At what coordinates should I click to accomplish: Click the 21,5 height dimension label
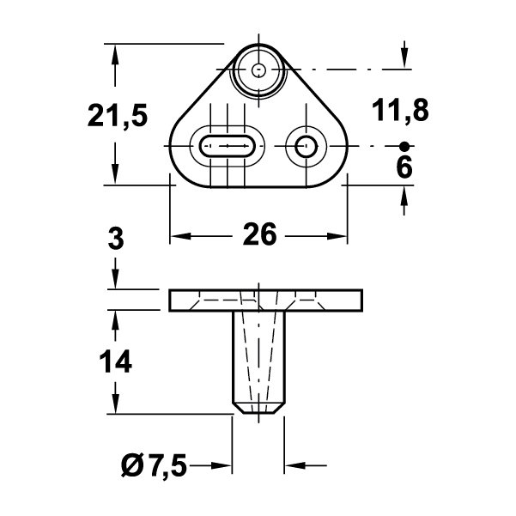(x=118, y=116)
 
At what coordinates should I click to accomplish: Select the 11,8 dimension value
(x=400, y=110)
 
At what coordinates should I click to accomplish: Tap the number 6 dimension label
(x=404, y=167)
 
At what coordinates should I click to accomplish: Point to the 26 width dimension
(x=259, y=234)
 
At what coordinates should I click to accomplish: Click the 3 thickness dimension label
(x=116, y=239)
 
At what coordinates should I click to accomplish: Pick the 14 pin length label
(x=116, y=361)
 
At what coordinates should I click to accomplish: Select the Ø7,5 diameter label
(x=154, y=465)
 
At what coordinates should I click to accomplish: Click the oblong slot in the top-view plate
(x=228, y=146)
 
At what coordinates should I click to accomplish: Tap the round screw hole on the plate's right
(x=306, y=146)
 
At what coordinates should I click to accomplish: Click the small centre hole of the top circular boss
(x=258, y=70)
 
